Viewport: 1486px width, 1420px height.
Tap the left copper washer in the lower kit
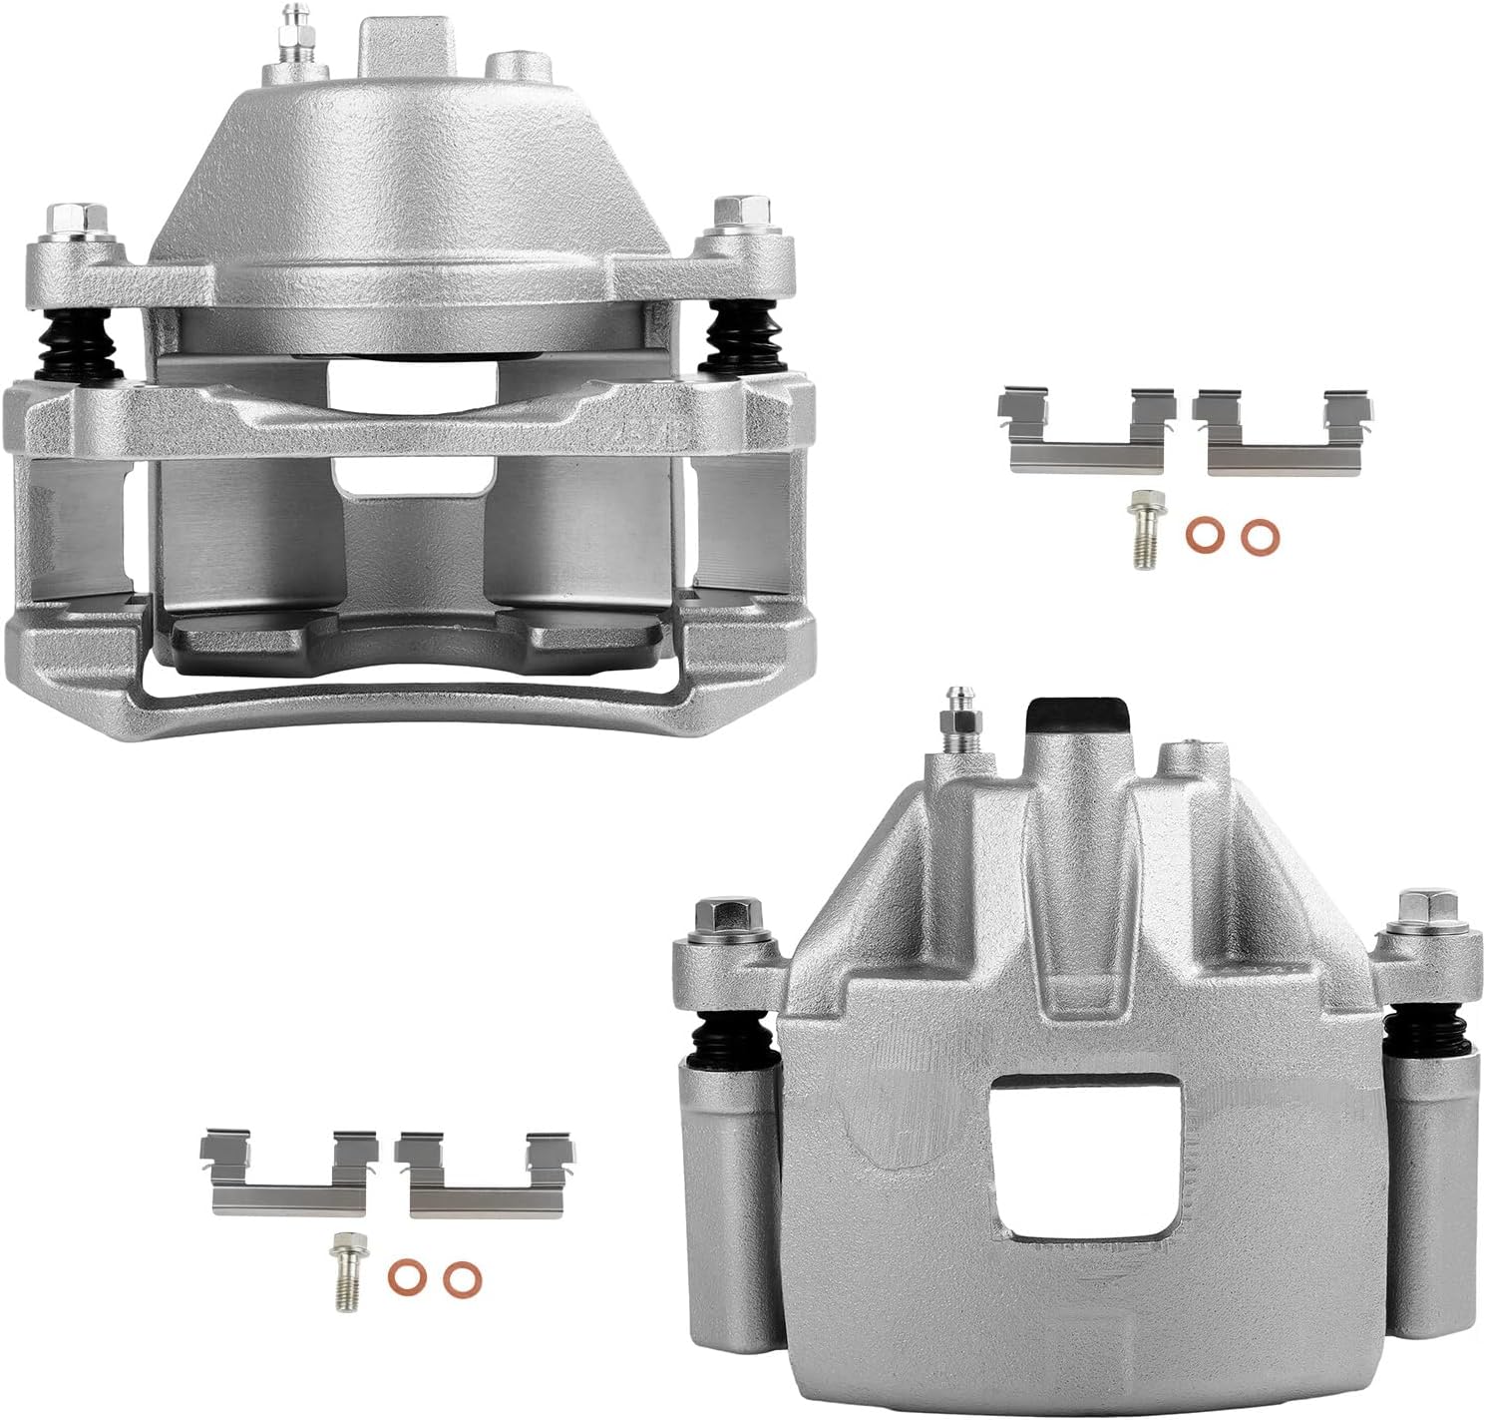tap(403, 1276)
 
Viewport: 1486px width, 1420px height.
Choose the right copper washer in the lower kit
tap(459, 1276)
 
